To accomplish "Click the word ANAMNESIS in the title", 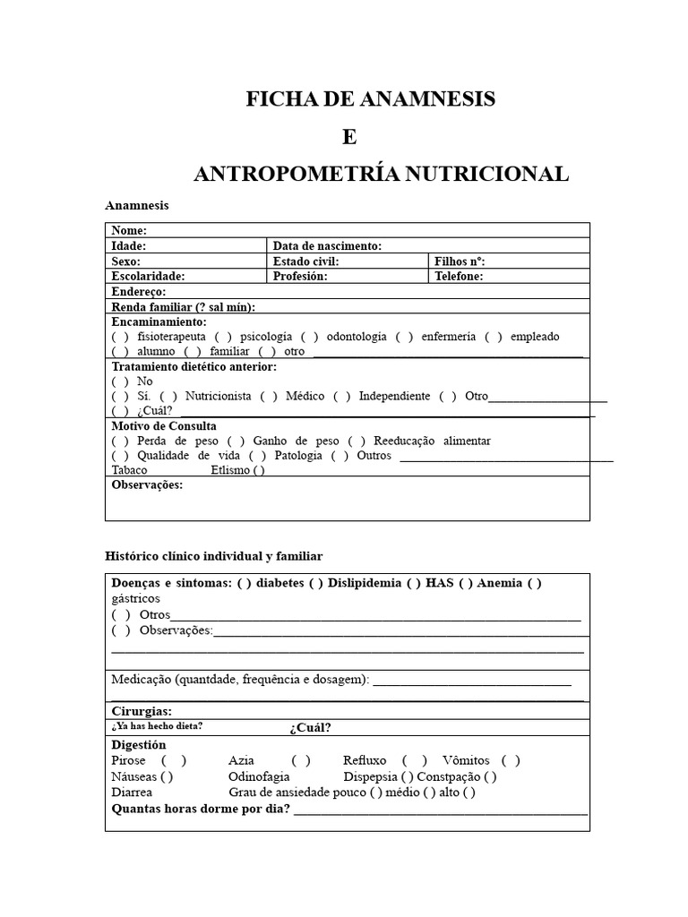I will (x=430, y=99).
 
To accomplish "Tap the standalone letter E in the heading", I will (x=348, y=137).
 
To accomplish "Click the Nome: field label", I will (x=129, y=231).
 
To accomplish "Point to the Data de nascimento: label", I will (x=327, y=245).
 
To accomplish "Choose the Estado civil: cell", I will (x=305, y=261).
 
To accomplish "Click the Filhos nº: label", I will (x=459, y=261).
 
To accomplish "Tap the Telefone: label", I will (x=459, y=277).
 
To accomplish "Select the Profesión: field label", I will (x=300, y=277).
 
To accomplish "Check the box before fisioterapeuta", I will (x=120, y=337).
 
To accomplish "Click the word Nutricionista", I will (x=216, y=396).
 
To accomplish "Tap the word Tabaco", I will (x=130, y=470).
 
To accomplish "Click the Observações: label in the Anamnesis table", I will (x=147, y=485).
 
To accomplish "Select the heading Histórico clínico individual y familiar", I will (x=214, y=557).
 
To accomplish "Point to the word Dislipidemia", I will (x=365, y=583).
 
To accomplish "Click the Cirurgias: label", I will (x=142, y=711).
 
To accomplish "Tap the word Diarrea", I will (x=132, y=793).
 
